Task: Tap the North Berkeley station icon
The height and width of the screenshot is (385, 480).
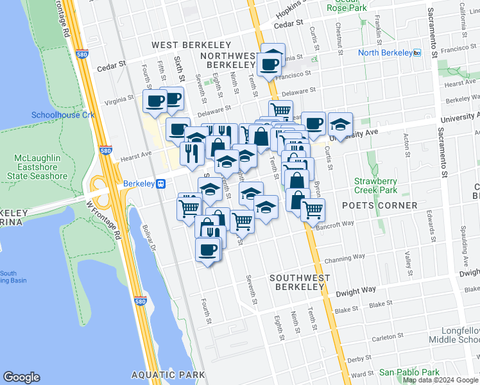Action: point(417,53)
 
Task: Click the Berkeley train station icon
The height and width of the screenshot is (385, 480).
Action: point(162,184)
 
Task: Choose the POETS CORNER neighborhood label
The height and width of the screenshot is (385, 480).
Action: point(379,205)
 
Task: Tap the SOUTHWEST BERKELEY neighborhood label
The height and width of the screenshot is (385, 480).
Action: point(300,282)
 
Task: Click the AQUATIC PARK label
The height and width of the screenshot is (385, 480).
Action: point(168,375)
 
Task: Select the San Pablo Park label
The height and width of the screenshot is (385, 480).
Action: point(409,372)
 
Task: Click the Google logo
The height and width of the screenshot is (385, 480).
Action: point(22,377)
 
